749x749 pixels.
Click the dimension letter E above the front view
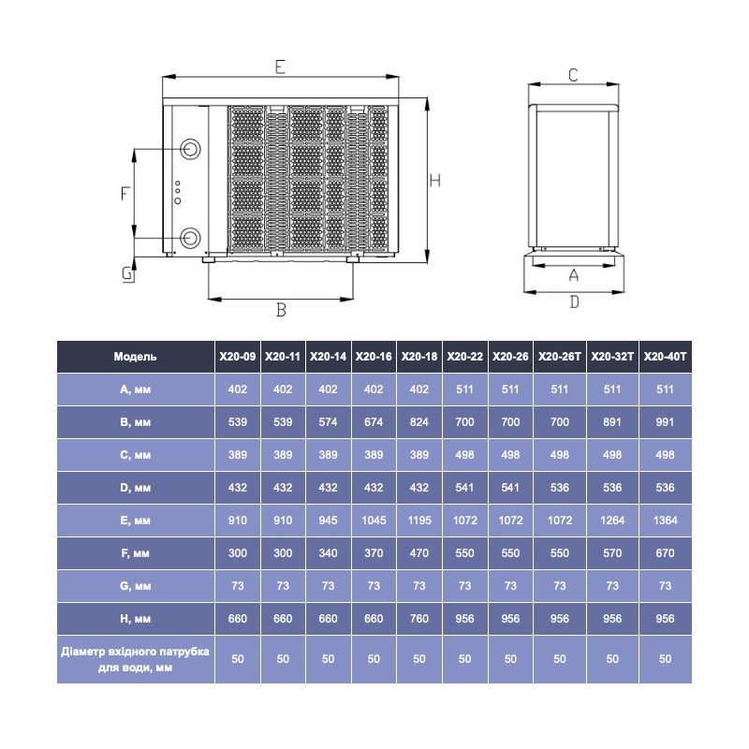click(280, 66)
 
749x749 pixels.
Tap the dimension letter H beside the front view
click(435, 181)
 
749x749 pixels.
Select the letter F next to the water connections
click(125, 194)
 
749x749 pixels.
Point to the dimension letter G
click(125, 273)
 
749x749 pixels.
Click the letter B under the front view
click(280, 310)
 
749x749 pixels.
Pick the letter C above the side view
click(573, 74)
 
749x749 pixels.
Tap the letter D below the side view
click(574, 301)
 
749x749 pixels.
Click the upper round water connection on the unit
click(191, 150)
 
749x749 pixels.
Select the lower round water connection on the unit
click(191, 237)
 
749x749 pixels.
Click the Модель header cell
click(136, 357)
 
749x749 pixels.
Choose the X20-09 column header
click(238, 357)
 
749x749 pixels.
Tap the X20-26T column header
click(560, 357)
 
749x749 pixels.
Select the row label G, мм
click(136, 585)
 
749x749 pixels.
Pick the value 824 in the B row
click(419, 422)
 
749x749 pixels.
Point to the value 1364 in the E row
click(665, 520)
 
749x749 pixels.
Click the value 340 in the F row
click(328, 553)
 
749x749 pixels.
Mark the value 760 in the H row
click(419, 618)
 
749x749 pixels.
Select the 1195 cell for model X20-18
click(419, 520)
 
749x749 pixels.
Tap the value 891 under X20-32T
click(612, 422)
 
